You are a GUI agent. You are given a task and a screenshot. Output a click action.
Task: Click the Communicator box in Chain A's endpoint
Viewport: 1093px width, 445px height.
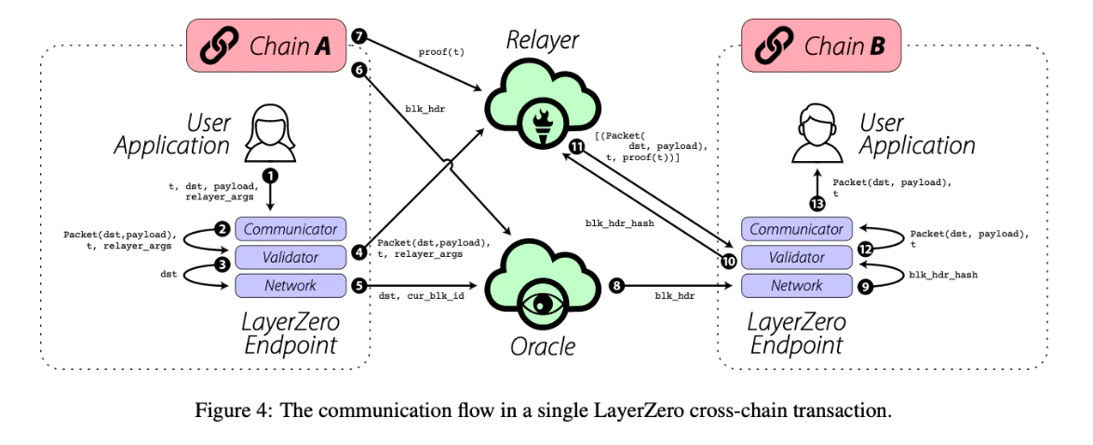tap(290, 228)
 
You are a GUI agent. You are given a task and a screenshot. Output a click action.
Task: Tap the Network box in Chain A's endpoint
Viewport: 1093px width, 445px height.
tap(290, 285)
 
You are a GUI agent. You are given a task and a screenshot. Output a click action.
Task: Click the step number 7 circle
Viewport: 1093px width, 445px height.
tap(359, 34)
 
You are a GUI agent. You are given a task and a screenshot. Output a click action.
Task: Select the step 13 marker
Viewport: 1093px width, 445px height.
tap(817, 204)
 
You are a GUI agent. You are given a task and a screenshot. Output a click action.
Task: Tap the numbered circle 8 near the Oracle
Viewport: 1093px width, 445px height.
tap(616, 285)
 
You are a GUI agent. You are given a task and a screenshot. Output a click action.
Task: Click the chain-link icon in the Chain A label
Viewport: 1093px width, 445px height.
tap(217, 46)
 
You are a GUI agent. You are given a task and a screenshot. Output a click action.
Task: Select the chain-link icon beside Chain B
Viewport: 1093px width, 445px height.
tap(774, 46)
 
